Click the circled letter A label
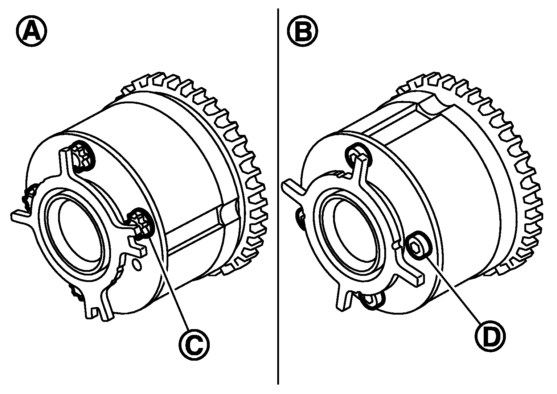(32, 31)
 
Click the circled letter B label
(302, 31)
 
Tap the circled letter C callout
(194, 345)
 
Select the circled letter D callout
(490, 337)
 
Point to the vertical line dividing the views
(278, 197)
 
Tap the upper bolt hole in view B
(359, 157)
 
